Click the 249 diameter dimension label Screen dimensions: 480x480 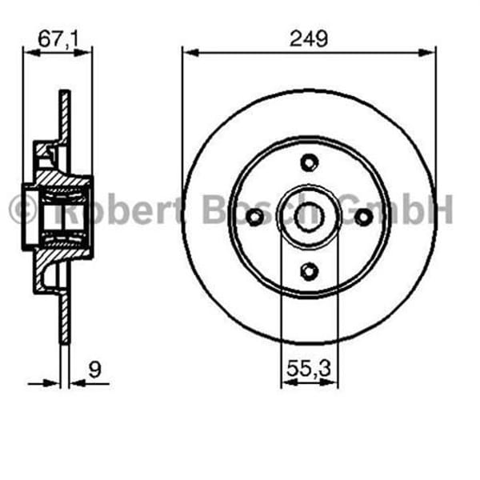pos(309,38)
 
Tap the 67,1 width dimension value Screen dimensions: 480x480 pos(57,38)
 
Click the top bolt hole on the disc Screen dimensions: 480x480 pos(309,162)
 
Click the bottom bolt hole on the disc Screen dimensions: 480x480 pos(309,271)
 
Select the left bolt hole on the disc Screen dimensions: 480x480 pos(254,217)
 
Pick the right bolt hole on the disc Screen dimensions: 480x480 pos(363,217)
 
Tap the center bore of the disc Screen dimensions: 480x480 pos(309,217)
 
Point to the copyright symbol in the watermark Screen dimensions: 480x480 pos(22,211)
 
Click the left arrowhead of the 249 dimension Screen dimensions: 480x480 pos(189,53)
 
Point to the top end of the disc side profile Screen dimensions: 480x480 pos(65,94)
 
